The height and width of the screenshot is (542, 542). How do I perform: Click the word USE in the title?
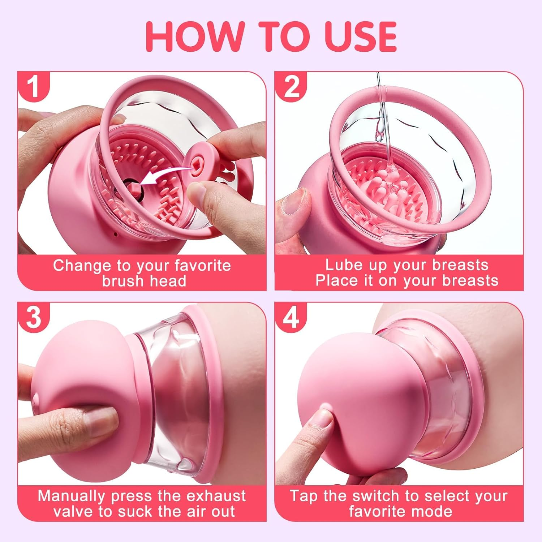361,36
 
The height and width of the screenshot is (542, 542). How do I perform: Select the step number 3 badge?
33,317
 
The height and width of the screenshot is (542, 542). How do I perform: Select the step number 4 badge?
291,317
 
